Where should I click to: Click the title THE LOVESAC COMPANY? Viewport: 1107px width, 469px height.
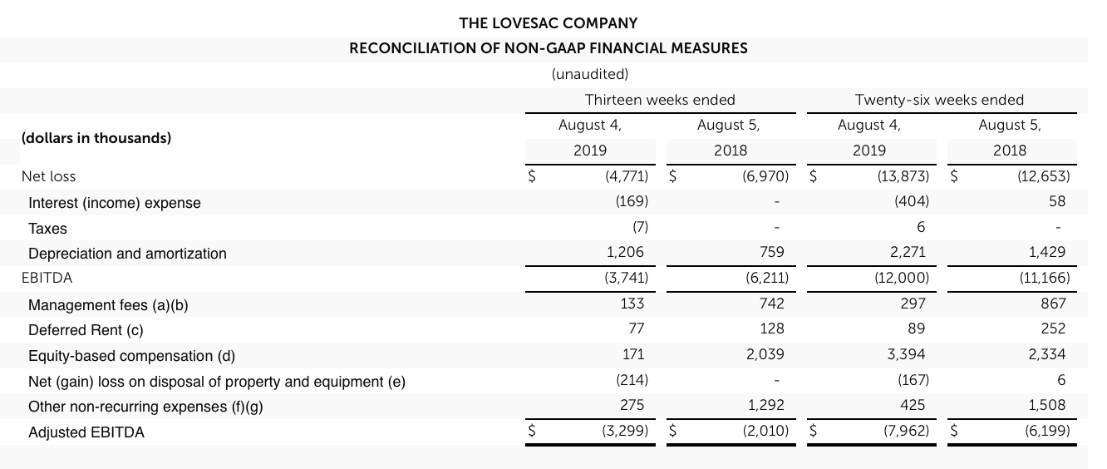coord(548,23)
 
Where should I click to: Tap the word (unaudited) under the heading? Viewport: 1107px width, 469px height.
coord(590,73)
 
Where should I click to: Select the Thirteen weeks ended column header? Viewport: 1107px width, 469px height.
coord(660,100)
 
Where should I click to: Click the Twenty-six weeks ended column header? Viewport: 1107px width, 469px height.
coord(939,100)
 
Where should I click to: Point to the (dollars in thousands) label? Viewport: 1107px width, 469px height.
coord(96,138)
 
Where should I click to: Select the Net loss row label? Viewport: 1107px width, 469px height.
coord(48,176)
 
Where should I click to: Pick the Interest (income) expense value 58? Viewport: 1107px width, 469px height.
coord(1056,202)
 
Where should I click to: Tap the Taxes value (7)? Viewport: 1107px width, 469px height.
coord(639,228)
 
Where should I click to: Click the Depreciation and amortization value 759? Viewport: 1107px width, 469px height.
coord(772,253)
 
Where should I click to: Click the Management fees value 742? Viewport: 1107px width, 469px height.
coord(772,304)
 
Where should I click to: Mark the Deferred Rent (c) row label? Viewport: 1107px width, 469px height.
coord(86,330)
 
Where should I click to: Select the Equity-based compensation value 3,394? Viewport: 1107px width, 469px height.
coord(909,355)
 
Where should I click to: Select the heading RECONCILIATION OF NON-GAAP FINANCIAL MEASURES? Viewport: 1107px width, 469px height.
coord(548,48)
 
